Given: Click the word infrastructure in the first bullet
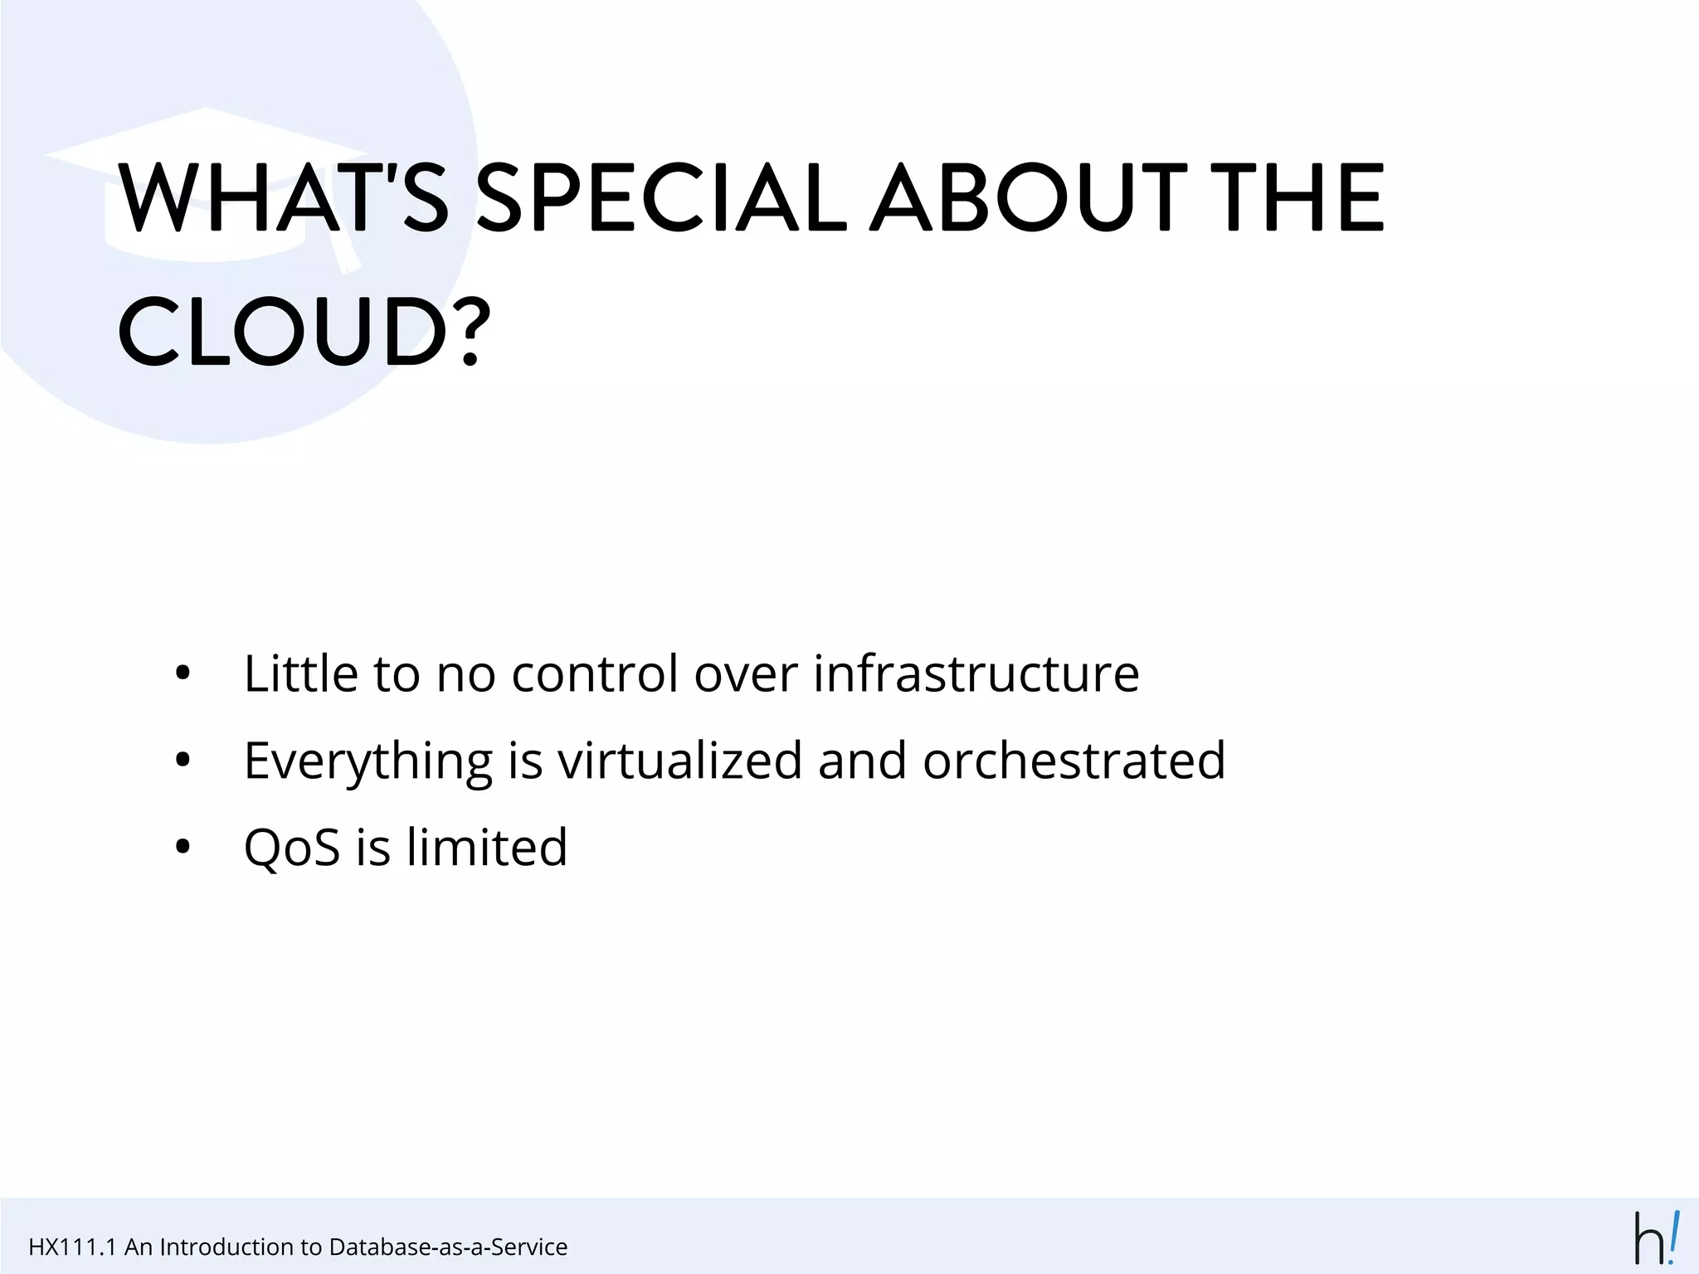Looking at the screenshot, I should (976, 673).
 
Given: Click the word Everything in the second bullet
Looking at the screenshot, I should (368, 761).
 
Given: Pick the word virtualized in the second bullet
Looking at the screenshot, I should (680, 761).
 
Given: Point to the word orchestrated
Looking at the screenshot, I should (1073, 761).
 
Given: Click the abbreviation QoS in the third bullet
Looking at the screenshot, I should (292, 848).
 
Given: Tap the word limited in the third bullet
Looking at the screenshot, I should (487, 848).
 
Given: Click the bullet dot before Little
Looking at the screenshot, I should (183, 674).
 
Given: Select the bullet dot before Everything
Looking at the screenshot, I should (183, 761).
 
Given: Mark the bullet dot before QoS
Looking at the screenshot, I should (183, 848).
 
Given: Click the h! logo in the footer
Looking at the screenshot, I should (1657, 1238).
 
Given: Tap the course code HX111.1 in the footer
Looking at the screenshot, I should (72, 1247).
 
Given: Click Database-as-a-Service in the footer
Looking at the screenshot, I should (448, 1247).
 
